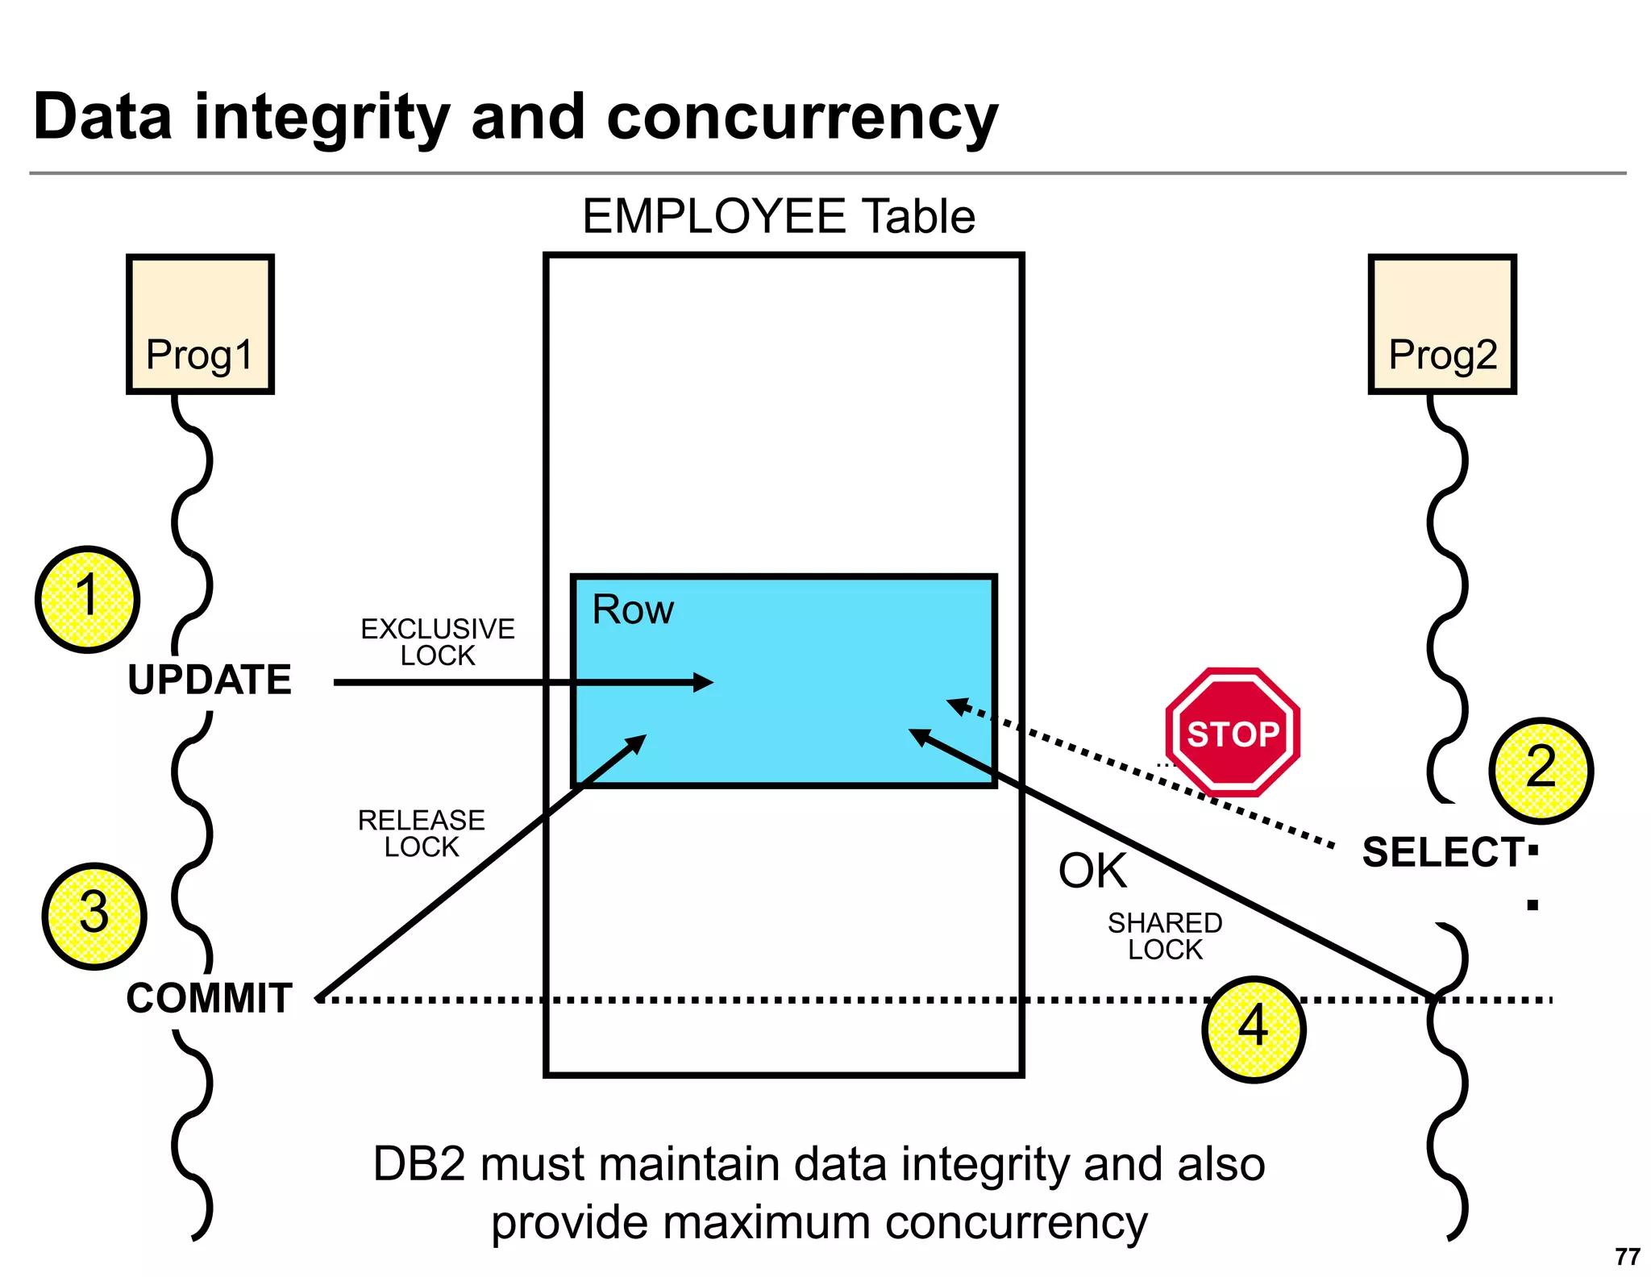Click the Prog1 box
point(200,324)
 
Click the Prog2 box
point(1442,324)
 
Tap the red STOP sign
point(1233,732)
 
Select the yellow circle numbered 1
point(87,599)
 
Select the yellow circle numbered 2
point(1541,770)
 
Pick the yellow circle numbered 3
point(94,916)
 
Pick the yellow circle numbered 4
point(1254,1030)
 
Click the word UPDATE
point(210,680)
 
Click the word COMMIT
point(210,998)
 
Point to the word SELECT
point(1442,852)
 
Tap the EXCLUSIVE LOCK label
point(438,642)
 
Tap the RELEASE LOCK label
point(422,834)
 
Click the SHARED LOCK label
point(1165,936)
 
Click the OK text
point(1092,871)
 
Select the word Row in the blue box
point(633,609)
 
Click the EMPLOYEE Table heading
point(779,216)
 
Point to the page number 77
point(1628,1257)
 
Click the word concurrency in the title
point(802,118)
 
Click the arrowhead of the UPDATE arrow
point(703,683)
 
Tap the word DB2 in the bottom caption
point(419,1164)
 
